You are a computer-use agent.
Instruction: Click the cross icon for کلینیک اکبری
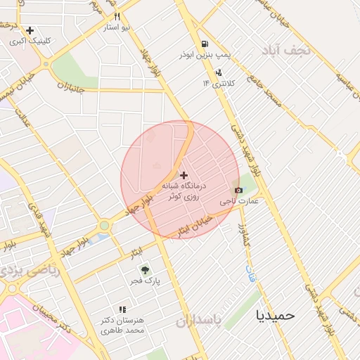(30, 31)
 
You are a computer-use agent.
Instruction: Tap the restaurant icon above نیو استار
(117, 17)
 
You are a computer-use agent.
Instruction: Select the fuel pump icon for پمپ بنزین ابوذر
(204, 44)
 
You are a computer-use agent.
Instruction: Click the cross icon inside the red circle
(184, 174)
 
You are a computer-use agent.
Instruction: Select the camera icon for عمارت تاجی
(238, 190)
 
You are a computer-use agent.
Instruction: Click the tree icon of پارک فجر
(144, 269)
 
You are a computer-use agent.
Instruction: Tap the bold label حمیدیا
(276, 315)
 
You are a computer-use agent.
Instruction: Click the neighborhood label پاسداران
(198, 322)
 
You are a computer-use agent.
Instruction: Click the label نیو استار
(117, 27)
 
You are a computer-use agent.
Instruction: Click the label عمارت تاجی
(240, 201)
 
